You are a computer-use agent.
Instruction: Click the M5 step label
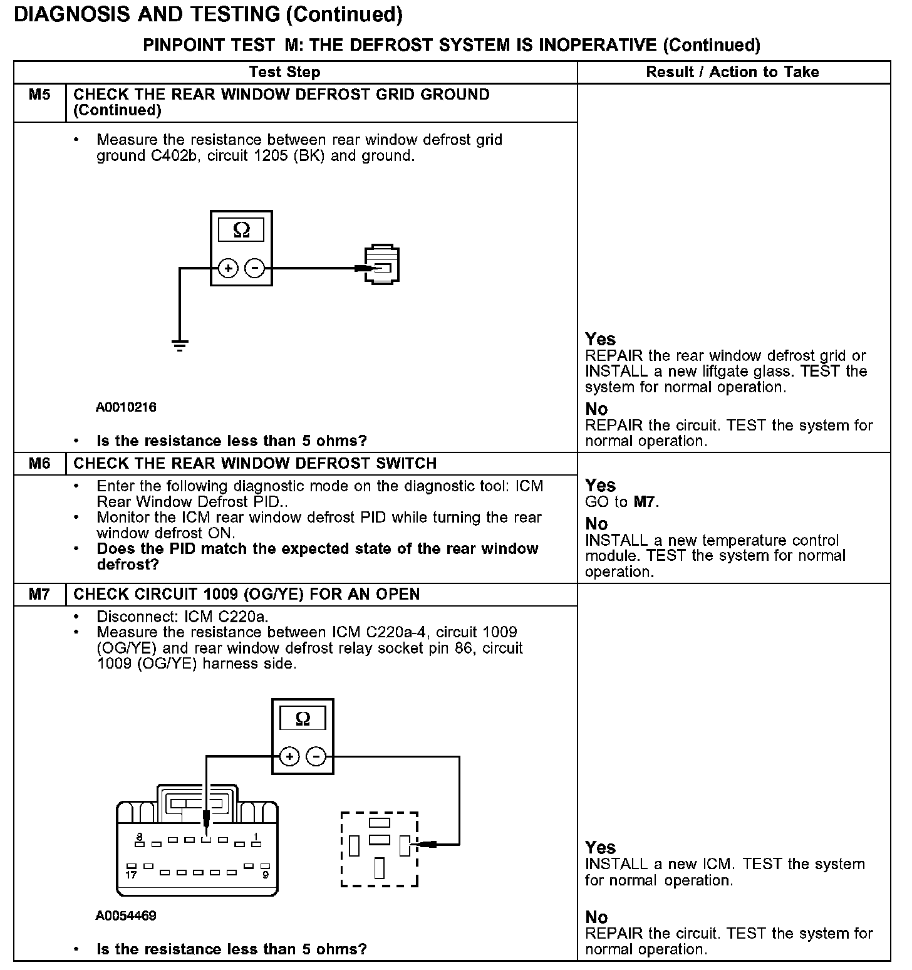[x=39, y=95]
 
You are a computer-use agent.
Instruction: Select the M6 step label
[x=39, y=464]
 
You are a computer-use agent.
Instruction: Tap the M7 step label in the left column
[x=39, y=594]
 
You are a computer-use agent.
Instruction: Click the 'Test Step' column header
[x=284, y=72]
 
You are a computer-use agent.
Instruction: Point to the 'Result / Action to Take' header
[x=732, y=72]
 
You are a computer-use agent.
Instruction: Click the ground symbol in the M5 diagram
[x=180, y=345]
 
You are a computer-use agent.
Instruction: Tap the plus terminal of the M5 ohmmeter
[x=228, y=269]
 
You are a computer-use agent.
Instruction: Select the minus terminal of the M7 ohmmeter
[x=316, y=757]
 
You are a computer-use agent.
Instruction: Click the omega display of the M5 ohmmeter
[x=241, y=231]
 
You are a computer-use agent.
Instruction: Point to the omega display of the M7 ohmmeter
[x=303, y=719]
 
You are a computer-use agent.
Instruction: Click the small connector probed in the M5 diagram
[x=381, y=264]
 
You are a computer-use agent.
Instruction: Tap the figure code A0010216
[x=126, y=407]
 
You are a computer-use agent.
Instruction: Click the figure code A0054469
[x=126, y=915]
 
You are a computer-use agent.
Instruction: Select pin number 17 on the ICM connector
[x=130, y=874]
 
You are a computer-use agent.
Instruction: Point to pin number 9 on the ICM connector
[x=266, y=874]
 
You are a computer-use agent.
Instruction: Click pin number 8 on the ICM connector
[x=139, y=837]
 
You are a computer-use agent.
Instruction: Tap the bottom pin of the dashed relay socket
[x=380, y=868]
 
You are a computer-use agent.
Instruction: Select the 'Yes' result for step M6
[x=600, y=485]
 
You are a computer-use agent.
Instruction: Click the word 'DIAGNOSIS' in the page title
[x=71, y=14]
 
